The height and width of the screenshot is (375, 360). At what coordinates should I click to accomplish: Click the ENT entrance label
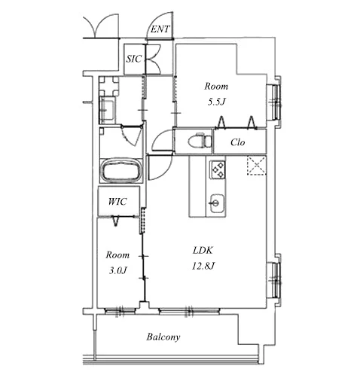(x=160, y=29)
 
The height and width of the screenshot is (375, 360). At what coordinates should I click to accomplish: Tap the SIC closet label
(x=134, y=59)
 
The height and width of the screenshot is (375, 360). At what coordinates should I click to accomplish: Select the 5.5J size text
(x=215, y=102)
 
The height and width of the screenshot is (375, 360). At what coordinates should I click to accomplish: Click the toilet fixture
(x=200, y=141)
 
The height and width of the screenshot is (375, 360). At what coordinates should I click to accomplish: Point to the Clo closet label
(x=237, y=142)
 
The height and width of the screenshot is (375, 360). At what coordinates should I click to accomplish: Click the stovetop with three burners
(x=218, y=169)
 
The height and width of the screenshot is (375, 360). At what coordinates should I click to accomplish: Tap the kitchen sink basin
(x=216, y=203)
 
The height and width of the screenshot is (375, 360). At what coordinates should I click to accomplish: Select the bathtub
(x=121, y=170)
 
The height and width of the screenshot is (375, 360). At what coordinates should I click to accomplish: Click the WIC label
(x=117, y=202)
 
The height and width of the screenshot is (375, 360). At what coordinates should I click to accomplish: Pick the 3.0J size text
(x=117, y=270)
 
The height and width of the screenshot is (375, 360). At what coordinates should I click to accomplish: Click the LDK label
(x=203, y=250)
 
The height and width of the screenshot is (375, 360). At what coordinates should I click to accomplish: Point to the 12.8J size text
(x=203, y=266)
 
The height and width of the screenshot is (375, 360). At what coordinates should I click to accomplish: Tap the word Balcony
(x=163, y=337)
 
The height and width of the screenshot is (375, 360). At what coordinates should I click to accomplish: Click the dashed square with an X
(x=257, y=165)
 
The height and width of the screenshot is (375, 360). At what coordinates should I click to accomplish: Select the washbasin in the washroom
(x=108, y=110)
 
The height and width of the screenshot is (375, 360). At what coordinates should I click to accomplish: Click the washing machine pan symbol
(x=108, y=87)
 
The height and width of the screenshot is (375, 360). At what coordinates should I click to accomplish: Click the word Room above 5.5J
(x=216, y=87)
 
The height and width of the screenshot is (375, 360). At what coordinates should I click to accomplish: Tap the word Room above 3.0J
(x=117, y=255)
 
